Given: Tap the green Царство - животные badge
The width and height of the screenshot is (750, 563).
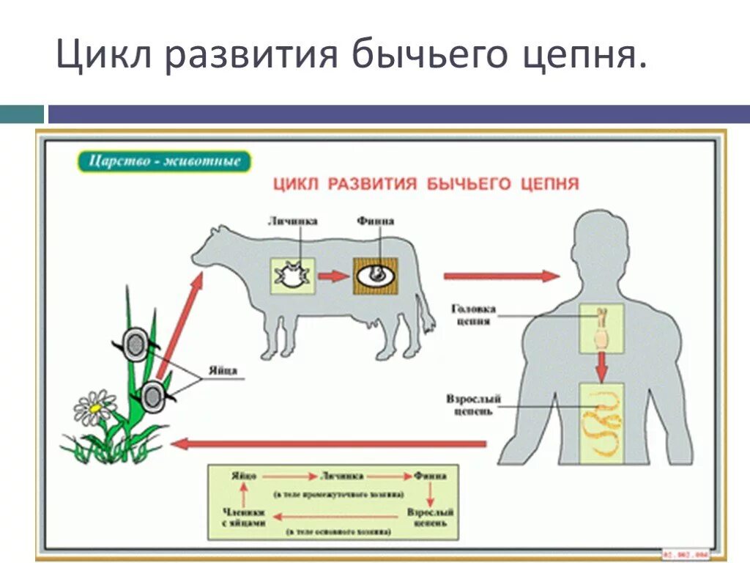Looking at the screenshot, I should click(x=164, y=161).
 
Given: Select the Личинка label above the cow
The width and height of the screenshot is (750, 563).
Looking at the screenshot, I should click(x=292, y=221).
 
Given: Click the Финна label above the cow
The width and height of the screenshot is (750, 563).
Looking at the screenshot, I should click(x=375, y=221).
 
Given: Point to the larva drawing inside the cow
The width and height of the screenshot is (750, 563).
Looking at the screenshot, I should click(x=292, y=276).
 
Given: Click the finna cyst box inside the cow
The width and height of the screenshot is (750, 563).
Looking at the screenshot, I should click(x=376, y=276).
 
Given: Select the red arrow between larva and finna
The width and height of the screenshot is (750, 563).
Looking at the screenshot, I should click(x=334, y=276).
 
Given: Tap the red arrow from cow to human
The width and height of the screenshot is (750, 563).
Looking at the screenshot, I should click(x=501, y=276).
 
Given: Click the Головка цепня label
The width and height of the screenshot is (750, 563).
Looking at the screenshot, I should click(x=473, y=314).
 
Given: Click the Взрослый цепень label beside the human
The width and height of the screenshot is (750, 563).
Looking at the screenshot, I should click(x=474, y=404).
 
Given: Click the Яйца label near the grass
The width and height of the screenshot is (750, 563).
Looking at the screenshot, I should click(x=226, y=371).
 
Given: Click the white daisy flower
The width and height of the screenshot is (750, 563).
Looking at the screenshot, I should click(x=94, y=408).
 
